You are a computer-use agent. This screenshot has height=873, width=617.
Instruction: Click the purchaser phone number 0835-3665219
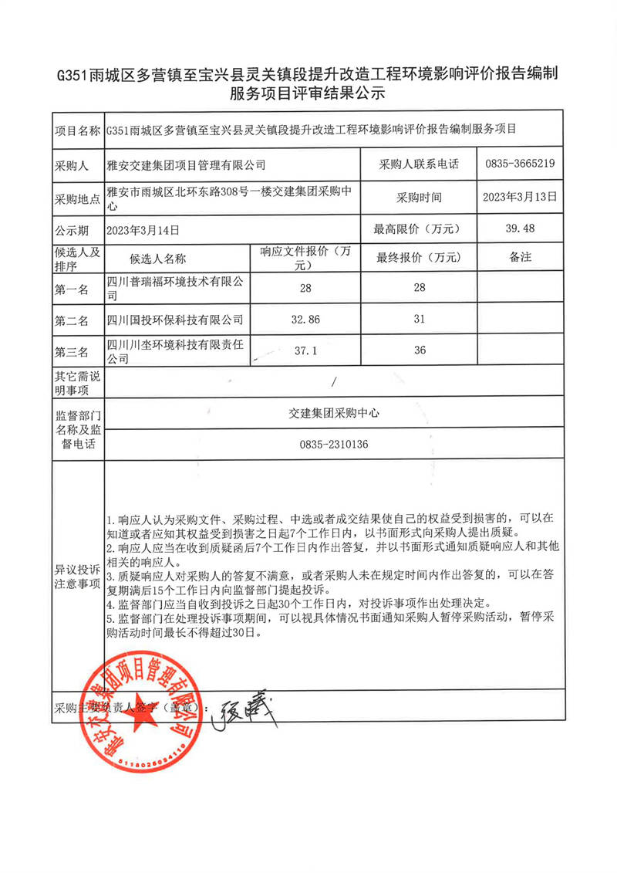click(x=521, y=164)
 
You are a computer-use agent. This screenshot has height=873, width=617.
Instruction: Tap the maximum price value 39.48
click(x=518, y=228)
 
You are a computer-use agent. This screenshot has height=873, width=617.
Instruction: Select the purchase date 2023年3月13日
click(x=519, y=197)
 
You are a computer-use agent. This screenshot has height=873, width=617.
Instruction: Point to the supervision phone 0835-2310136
click(x=332, y=445)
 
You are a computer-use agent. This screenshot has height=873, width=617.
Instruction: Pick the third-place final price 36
click(x=420, y=350)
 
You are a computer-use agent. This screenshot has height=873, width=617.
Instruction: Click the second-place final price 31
click(x=420, y=319)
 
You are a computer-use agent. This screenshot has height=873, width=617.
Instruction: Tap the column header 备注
click(x=520, y=257)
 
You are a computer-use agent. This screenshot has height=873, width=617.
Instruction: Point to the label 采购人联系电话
click(x=419, y=164)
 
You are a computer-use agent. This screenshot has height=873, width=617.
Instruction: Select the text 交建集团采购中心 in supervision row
click(x=332, y=413)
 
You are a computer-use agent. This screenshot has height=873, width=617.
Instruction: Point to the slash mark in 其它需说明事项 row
click(x=333, y=381)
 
